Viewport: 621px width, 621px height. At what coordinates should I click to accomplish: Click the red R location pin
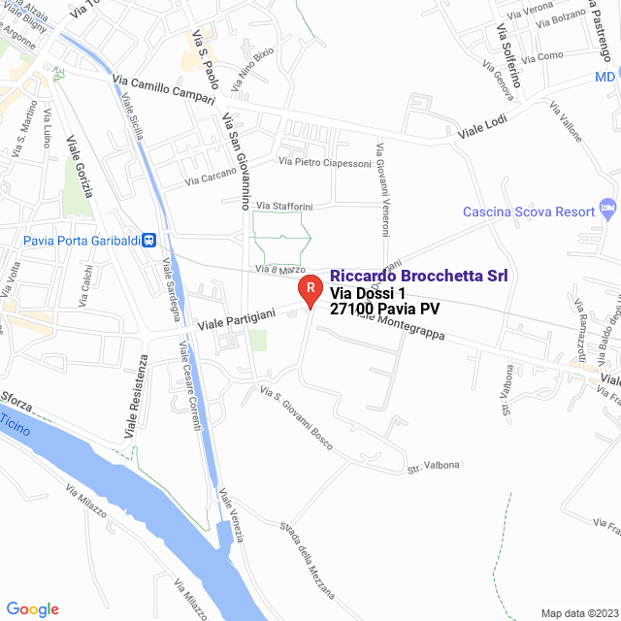pyautogui.click(x=309, y=289)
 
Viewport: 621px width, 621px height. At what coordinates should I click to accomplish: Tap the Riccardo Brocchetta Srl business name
pyautogui.click(x=419, y=276)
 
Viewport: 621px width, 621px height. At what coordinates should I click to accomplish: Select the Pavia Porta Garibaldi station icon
pyautogui.click(x=149, y=240)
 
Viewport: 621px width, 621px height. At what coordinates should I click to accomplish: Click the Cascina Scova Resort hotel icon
pyautogui.click(x=608, y=208)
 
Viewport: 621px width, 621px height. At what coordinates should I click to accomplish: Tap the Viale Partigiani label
pyautogui.click(x=238, y=317)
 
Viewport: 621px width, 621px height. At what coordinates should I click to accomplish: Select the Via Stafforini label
pyautogui.click(x=284, y=206)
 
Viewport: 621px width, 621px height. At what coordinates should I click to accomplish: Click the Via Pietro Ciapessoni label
pyautogui.click(x=325, y=163)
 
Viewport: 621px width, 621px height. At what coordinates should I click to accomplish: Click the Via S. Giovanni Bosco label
pyautogui.click(x=296, y=418)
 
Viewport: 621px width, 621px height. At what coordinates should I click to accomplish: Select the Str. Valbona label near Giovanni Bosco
pyautogui.click(x=433, y=465)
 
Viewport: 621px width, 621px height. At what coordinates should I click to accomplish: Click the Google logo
pyautogui.click(x=32, y=608)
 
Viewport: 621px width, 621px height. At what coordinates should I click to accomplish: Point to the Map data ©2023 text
pyautogui.click(x=578, y=613)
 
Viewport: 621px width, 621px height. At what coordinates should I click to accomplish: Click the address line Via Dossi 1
pyautogui.click(x=367, y=294)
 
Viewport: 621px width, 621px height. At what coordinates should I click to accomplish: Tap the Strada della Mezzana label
pyautogui.click(x=307, y=560)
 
